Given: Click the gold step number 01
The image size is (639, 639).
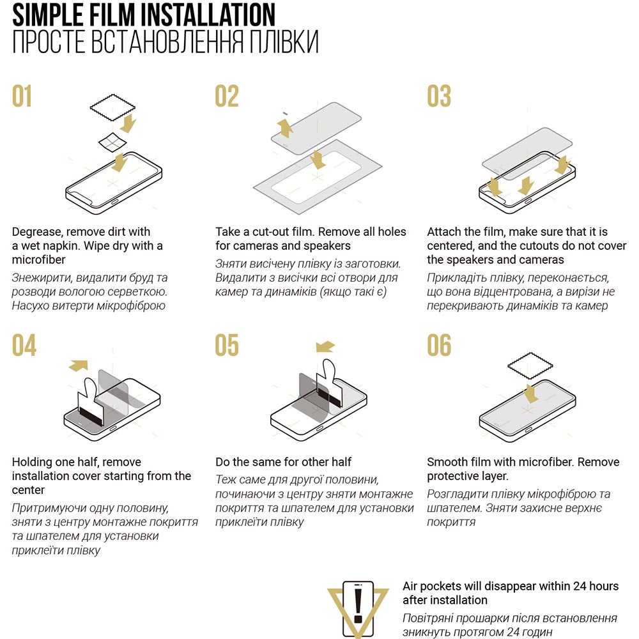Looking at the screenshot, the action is click(22, 96).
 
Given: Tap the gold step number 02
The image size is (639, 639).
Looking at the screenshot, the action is click(227, 96).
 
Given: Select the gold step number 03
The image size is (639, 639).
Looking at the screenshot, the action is click(439, 96).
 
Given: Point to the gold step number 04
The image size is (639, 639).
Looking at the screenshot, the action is click(24, 345).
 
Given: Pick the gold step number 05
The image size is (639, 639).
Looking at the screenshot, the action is click(227, 345).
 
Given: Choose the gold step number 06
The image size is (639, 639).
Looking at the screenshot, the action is click(439, 345).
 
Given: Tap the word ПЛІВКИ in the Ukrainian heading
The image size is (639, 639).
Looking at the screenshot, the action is click(284, 42).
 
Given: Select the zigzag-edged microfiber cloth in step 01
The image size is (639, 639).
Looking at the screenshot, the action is click(112, 107).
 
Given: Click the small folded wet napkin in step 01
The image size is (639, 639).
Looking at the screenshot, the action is click(112, 142).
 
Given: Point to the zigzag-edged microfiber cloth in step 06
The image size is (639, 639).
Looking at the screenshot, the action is click(530, 366).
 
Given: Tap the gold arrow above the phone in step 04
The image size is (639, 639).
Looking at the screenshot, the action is click(79, 366).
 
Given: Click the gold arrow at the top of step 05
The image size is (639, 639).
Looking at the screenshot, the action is click(325, 346).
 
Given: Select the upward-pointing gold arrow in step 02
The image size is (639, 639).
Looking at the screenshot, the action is click(284, 128).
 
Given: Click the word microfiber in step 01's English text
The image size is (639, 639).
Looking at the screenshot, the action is click(39, 259).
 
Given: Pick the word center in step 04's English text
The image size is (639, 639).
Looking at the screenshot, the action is click(28, 490).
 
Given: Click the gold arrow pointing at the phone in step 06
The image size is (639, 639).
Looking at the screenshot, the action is click(530, 393).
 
